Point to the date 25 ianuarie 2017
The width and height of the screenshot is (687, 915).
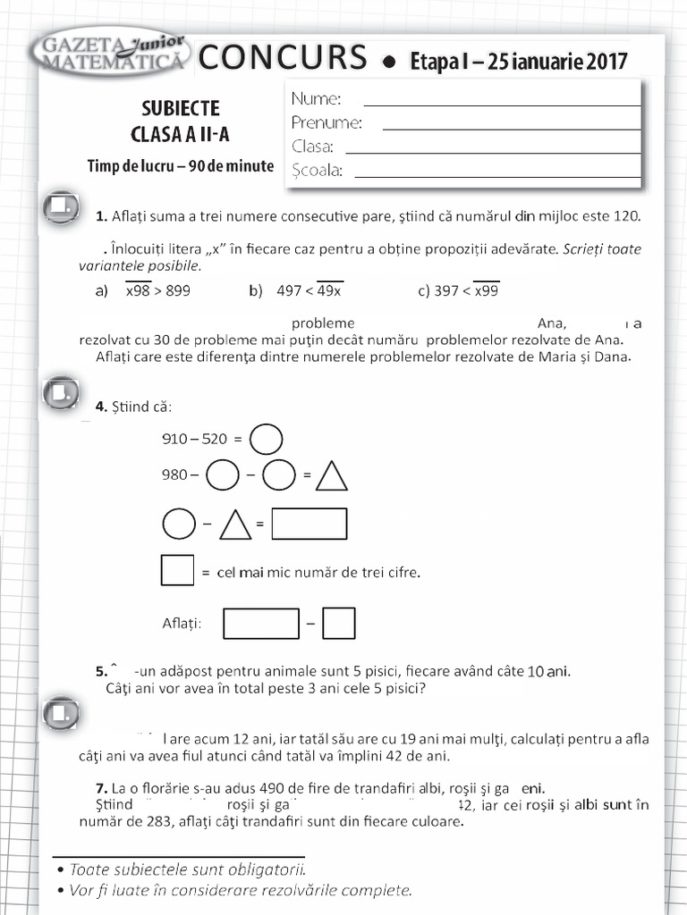pyautogui.click(x=555, y=62)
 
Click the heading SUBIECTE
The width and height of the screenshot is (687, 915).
pyautogui.click(x=181, y=109)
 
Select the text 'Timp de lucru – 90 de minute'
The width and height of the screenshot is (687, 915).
pyautogui.click(x=181, y=166)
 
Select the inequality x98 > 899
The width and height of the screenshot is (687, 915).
pyautogui.click(x=157, y=290)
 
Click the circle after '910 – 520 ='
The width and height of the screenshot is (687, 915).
pyautogui.click(x=266, y=439)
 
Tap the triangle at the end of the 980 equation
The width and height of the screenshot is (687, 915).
pyautogui.click(x=332, y=475)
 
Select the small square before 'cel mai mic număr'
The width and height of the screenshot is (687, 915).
pyautogui.click(x=177, y=570)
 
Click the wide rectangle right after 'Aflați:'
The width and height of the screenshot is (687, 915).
pyautogui.click(x=261, y=624)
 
